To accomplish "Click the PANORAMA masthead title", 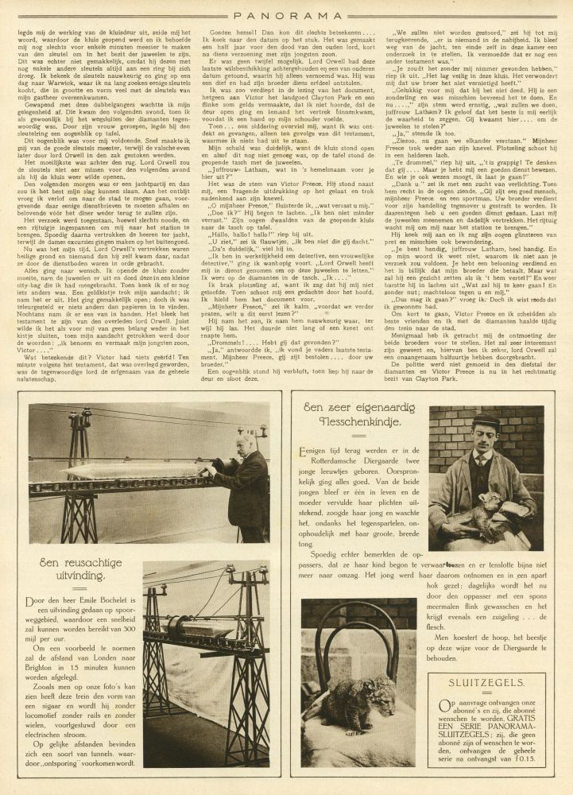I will pyautogui.click(x=286, y=14).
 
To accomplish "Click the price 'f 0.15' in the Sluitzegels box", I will pyautogui.click(x=525, y=753).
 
